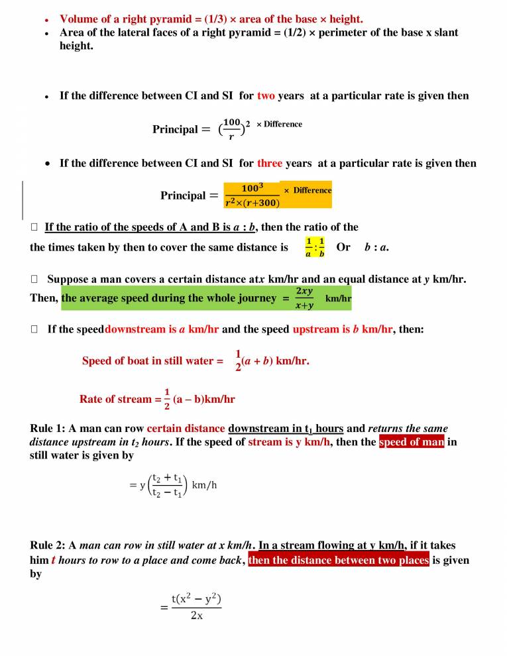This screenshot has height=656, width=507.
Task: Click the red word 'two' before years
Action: (x=266, y=95)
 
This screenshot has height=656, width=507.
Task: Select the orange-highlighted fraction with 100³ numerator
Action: (x=251, y=195)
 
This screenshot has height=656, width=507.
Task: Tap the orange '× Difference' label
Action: (x=307, y=190)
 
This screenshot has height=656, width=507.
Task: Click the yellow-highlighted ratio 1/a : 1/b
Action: (x=315, y=247)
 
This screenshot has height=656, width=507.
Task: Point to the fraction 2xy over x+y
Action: (x=305, y=298)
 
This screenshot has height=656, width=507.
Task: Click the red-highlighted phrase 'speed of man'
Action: (x=412, y=442)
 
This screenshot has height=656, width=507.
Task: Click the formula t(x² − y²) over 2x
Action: (x=196, y=606)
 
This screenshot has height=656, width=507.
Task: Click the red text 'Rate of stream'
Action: (x=115, y=399)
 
